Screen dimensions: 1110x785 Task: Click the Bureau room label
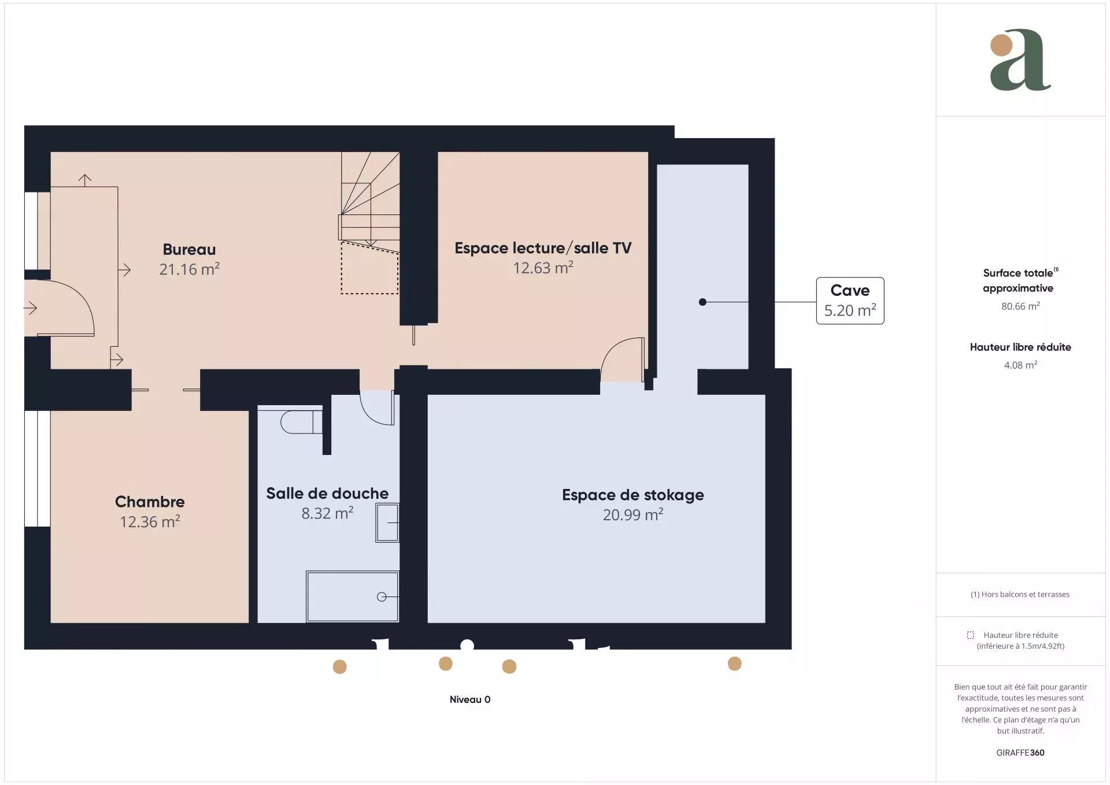(189, 250)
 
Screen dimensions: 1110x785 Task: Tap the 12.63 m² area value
(543, 268)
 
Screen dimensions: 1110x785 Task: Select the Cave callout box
(850, 301)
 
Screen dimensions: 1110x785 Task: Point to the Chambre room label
(150, 502)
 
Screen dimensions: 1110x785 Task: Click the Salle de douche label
(327, 494)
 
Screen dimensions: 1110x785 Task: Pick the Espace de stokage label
(633, 495)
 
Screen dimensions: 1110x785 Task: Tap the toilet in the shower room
(301, 422)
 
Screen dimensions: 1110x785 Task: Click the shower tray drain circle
(382, 597)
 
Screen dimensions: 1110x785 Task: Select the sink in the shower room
(387, 523)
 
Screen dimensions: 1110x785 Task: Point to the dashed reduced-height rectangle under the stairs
(369, 268)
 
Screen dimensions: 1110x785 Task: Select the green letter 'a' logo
(1020, 60)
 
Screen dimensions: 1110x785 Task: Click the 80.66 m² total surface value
(1020, 306)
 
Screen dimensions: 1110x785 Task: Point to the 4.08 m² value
(1020, 365)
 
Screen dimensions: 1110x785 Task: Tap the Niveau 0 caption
(470, 699)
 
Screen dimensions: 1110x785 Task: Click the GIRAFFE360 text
(1020, 753)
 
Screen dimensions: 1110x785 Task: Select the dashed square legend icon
(971, 635)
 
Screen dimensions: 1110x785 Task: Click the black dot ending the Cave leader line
(702, 302)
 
